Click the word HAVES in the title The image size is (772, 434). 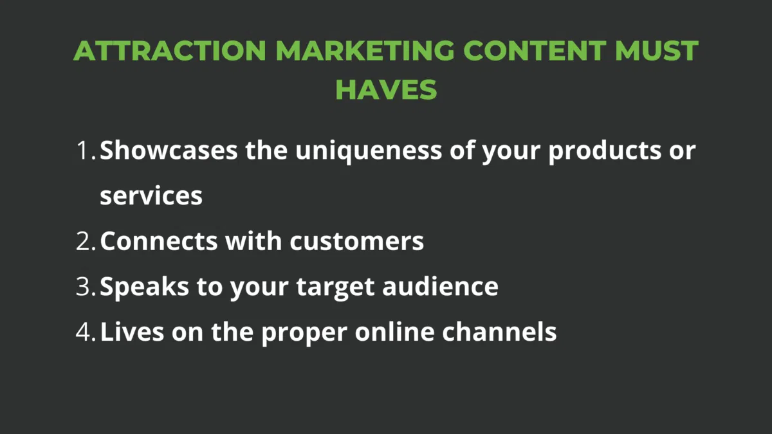click(386, 89)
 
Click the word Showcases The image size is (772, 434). click(169, 151)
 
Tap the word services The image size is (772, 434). click(151, 196)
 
